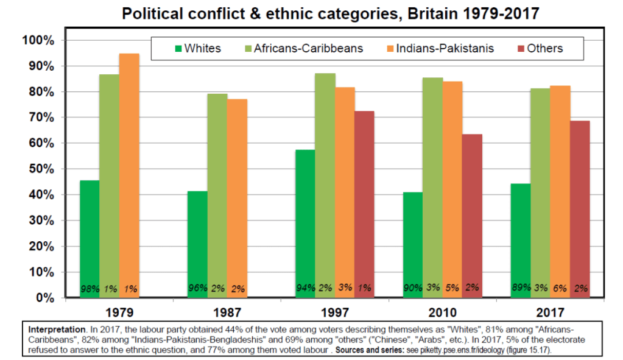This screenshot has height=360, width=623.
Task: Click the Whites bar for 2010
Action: point(413,244)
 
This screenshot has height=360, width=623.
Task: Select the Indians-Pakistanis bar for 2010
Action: point(452,189)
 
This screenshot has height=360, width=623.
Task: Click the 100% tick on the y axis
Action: point(38,40)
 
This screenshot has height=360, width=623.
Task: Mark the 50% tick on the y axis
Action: point(41,169)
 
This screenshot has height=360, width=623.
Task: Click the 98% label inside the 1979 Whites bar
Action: point(90,289)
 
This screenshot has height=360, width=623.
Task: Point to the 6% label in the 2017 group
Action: point(560,289)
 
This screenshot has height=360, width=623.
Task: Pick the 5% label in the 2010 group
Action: point(452,289)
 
